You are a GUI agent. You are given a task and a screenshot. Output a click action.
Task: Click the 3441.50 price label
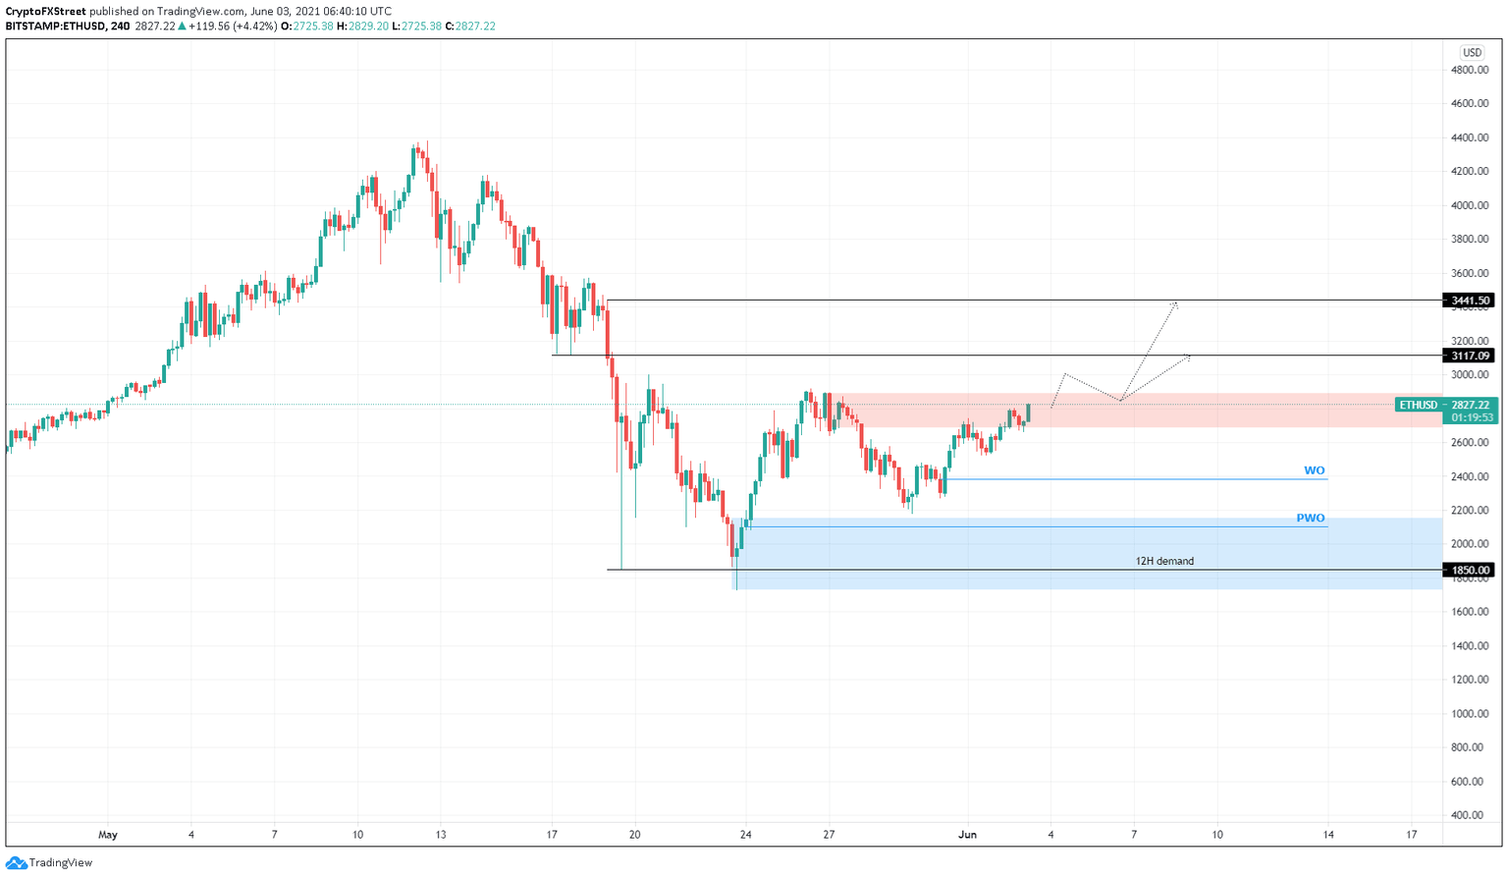1469,301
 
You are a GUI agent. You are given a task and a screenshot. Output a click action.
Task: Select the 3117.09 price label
1469,356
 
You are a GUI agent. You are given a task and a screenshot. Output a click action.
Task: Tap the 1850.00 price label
1469,570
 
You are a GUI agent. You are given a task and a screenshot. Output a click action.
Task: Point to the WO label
1314,470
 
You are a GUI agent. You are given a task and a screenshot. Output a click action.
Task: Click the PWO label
1310,518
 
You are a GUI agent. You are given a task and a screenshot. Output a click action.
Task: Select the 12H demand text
1164,561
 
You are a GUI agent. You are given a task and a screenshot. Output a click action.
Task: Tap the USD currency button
1471,53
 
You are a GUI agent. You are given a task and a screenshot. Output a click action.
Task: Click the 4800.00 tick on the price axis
1469,70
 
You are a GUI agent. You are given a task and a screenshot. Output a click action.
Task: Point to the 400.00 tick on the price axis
1469,815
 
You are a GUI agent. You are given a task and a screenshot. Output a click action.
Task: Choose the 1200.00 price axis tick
1469,680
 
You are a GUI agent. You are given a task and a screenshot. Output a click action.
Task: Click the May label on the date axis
108,835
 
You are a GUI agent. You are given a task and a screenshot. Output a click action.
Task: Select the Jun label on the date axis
967,835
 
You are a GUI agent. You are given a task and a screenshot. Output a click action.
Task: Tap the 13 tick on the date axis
440,835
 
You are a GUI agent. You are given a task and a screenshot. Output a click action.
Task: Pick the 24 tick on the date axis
745,835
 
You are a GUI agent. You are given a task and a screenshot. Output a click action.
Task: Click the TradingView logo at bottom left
49,862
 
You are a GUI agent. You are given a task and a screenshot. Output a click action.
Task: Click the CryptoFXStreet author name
45,12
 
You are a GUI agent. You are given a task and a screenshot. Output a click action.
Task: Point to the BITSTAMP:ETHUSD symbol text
56,27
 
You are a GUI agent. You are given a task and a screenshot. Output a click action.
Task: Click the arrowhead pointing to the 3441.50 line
1175,304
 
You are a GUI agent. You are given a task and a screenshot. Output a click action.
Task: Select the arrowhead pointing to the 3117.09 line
1187,357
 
